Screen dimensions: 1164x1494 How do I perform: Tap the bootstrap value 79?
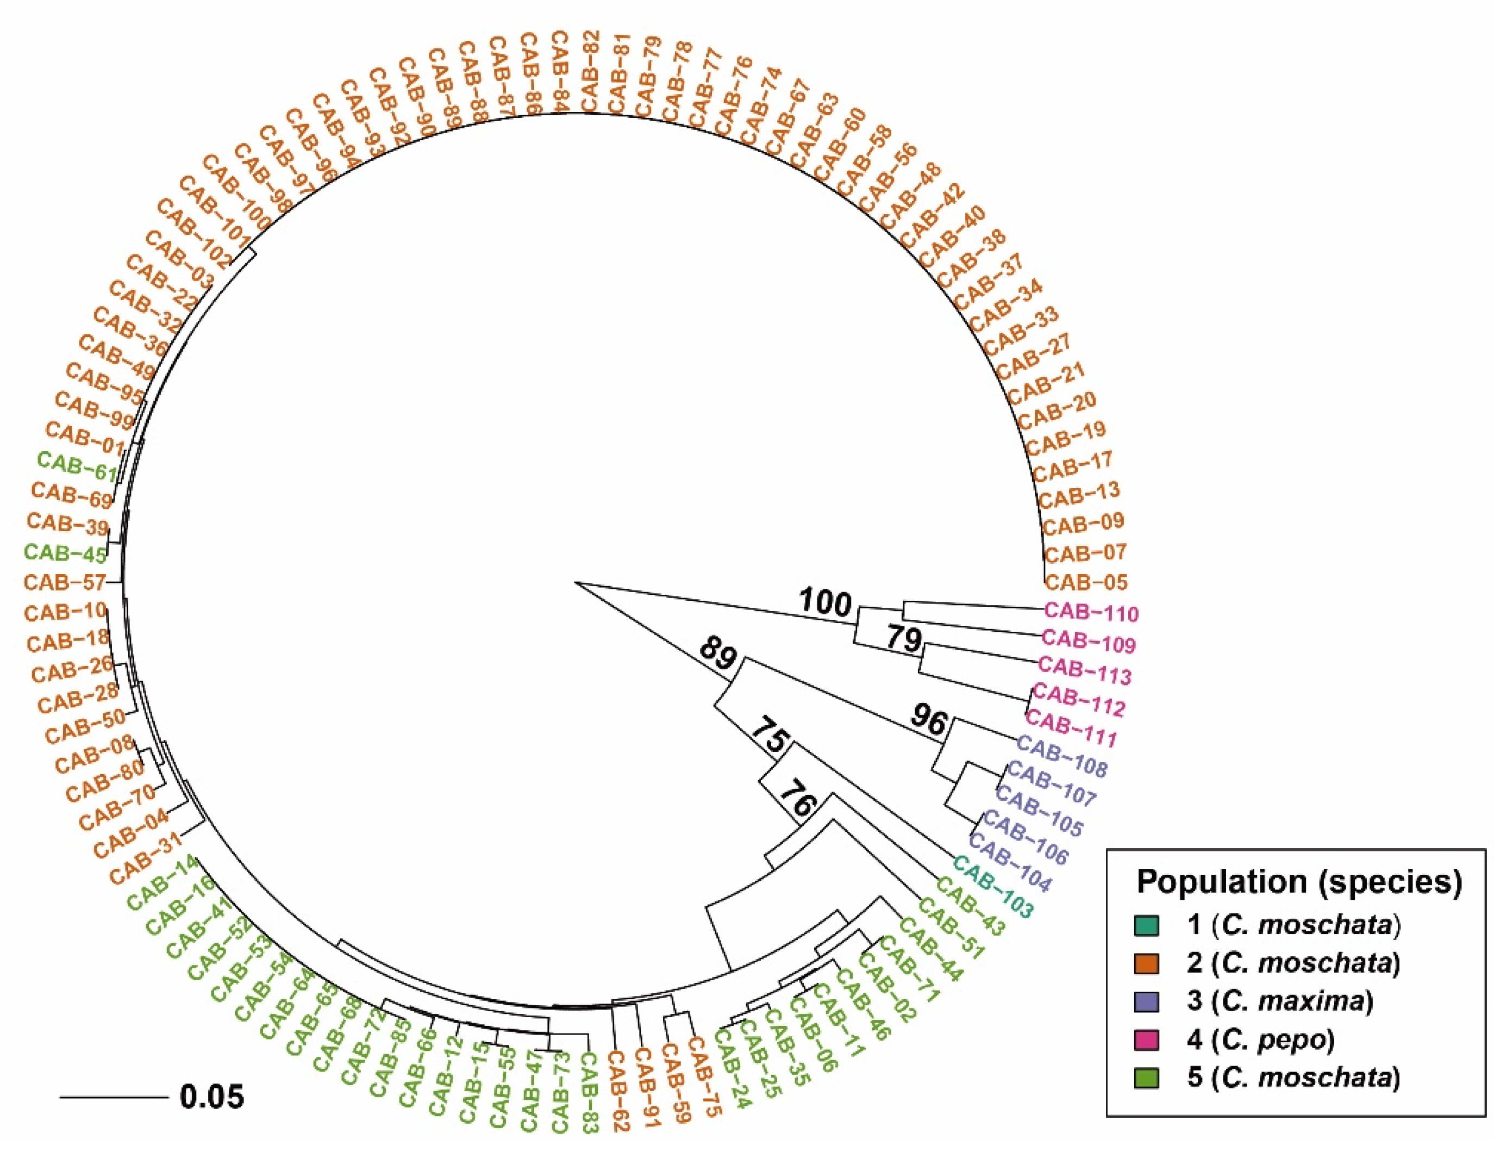pyautogui.click(x=904, y=639)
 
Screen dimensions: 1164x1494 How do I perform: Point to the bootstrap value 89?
pyautogui.click(x=717, y=655)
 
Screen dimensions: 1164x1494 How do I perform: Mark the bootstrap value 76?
pyautogui.click(x=798, y=796)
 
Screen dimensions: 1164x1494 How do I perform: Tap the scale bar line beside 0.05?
pyautogui.click(x=114, y=1097)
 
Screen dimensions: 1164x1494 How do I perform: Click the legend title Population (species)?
pyautogui.click(x=1299, y=881)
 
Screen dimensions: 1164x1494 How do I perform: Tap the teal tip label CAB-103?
pyautogui.click(x=992, y=887)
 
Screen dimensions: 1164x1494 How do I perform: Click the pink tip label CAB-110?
pyautogui.click(x=1092, y=613)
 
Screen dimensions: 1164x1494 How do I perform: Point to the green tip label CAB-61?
pyautogui.click(x=77, y=468)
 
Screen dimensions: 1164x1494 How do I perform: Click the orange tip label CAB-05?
pyautogui.click(x=1086, y=582)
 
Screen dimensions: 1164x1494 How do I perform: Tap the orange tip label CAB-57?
pyautogui.click(x=65, y=582)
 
